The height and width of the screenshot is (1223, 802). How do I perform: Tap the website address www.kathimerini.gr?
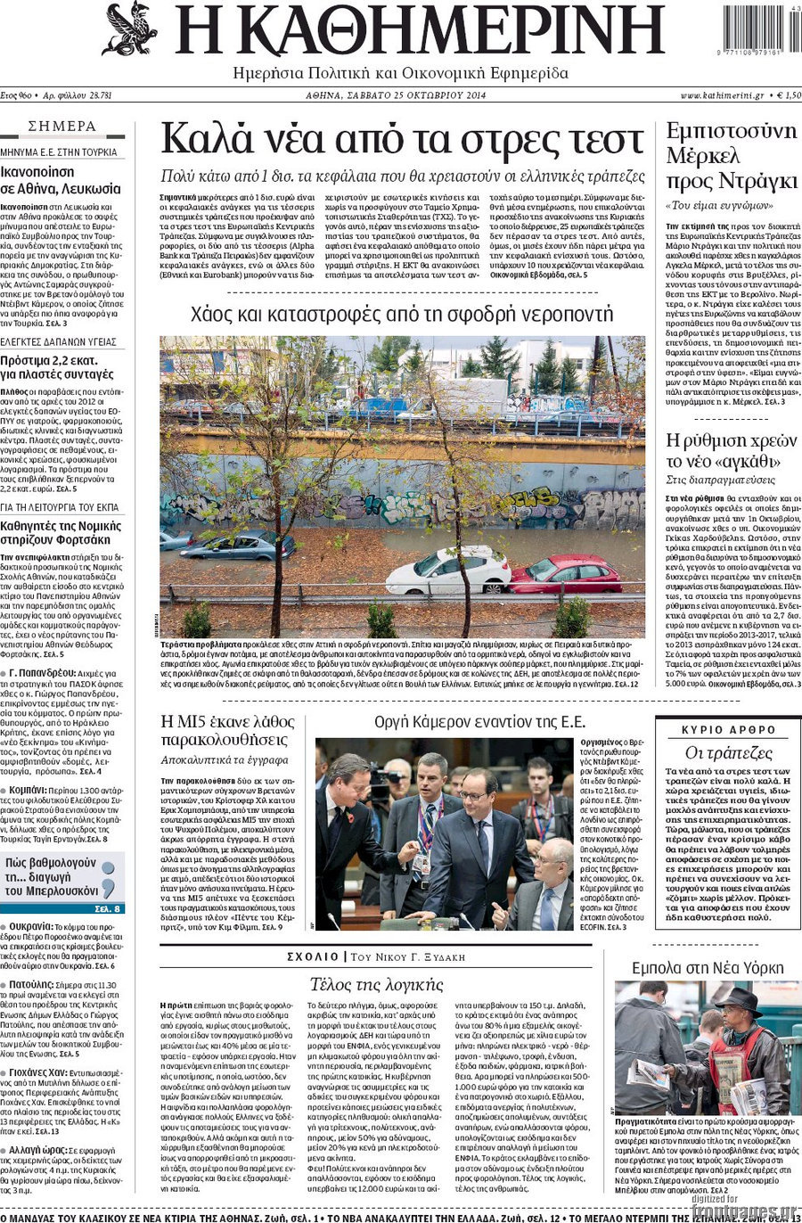tap(722, 95)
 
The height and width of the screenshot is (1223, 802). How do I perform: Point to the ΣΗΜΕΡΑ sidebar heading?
tap(62, 127)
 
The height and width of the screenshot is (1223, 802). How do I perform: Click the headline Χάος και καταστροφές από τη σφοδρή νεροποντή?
tap(402, 314)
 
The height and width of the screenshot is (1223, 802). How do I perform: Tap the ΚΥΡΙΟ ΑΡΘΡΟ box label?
tap(728, 729)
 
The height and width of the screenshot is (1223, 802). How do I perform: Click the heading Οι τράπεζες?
tap(728, 752)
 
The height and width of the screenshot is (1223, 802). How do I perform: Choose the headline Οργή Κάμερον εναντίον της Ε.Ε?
tap(479, 722)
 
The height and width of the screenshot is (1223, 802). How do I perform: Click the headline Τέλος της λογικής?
tap(376, 984)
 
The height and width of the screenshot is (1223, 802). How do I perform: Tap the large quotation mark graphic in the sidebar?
tap(108, 878)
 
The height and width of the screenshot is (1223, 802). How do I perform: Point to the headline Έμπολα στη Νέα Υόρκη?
tap(708, 968)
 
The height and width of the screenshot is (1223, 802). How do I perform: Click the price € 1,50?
tap(787, 95)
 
